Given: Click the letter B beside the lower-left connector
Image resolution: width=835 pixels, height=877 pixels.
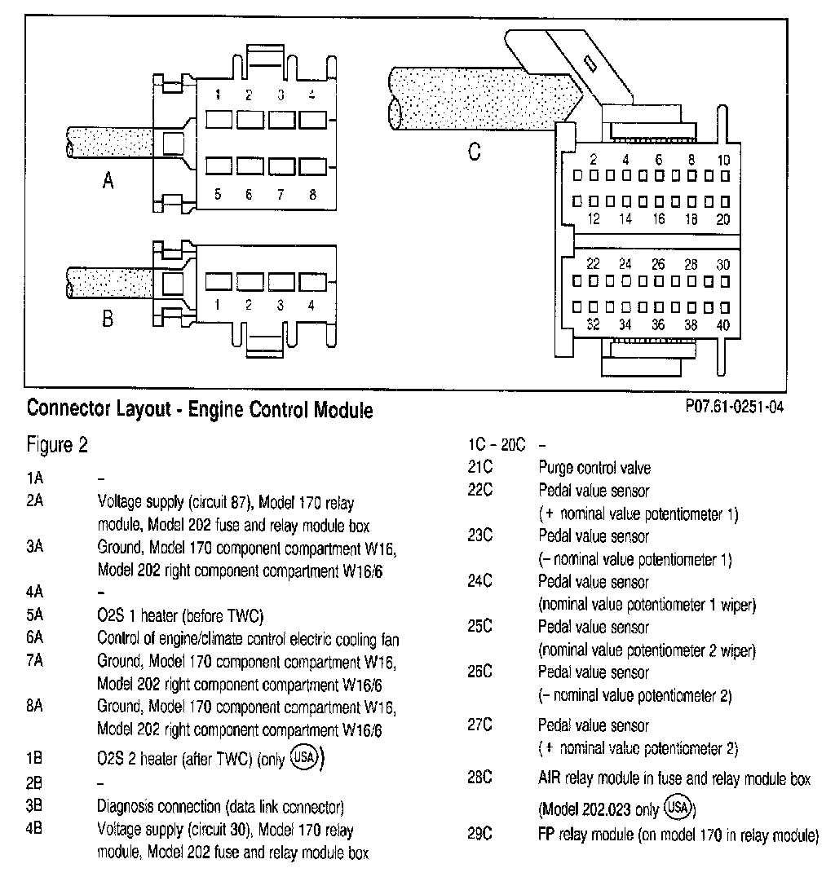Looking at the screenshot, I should point(108,319).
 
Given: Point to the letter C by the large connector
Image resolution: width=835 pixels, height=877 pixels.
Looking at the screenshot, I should point(474,152).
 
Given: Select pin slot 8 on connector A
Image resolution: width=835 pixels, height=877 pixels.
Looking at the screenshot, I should point(311,165).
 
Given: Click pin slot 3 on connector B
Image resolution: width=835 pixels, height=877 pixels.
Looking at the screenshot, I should point(280,282).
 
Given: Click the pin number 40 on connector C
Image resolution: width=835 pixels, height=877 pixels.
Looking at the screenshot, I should point(723,325).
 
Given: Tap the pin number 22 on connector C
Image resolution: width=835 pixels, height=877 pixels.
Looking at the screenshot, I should point(594,264).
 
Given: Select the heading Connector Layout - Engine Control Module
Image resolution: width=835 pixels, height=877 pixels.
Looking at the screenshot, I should point(200,410).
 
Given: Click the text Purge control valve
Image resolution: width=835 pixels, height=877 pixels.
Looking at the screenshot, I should point(594,468).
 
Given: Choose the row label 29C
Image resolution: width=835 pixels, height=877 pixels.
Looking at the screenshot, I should point(479,835).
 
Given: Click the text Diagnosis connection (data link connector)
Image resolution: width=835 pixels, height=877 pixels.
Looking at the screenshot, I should point(220,808).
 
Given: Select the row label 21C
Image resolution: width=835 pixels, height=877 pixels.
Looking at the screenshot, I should point(479,468).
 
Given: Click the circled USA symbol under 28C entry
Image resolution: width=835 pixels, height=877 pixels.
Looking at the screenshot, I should point(678,808).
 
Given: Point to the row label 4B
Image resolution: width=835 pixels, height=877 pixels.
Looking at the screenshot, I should point(34,831).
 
